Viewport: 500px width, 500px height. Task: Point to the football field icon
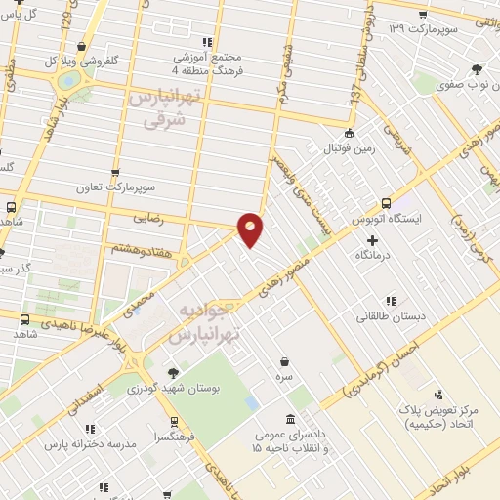pyautogui.click(x=349, y=134)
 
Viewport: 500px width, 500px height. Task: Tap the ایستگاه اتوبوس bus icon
pyautogui.click(x=387, y=203)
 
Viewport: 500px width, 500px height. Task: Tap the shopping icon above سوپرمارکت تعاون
pyautogui.click(x=116, y=173)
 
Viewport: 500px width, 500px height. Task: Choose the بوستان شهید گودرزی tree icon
pyautogui.click(x=173, y=372)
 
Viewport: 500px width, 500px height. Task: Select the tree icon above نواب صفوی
pyautogui.click(x=476, y=69)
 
